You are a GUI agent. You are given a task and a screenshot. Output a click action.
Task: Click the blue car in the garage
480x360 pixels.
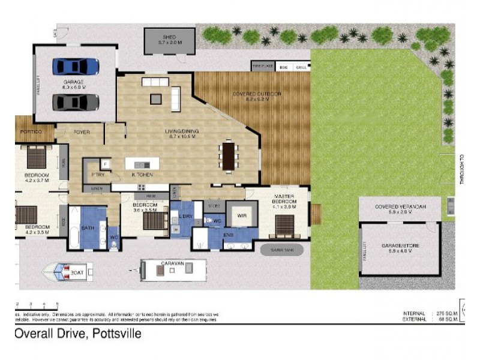pos(76,65)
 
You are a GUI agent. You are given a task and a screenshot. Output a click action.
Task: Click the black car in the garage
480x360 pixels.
pos(76,102)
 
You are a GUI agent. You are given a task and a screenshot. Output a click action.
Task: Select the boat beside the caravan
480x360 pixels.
pos(66,272)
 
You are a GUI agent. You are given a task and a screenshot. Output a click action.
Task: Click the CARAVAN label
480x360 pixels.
pos(172,263)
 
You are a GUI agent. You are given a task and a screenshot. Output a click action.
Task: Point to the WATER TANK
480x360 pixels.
pos(281,248)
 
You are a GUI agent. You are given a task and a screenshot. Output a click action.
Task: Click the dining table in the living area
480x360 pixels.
pos(229,155)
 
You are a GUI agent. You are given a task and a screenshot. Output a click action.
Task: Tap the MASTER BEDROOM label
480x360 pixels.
pos(286,199)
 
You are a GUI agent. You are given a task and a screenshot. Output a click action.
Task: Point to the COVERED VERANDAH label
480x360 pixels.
pos(400,206)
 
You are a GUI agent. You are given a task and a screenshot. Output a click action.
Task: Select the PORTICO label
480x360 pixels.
pos(31,131)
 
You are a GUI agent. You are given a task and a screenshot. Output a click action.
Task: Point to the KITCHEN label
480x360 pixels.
pos(143,174)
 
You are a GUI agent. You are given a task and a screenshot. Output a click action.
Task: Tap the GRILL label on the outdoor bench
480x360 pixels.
pos(301,68)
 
